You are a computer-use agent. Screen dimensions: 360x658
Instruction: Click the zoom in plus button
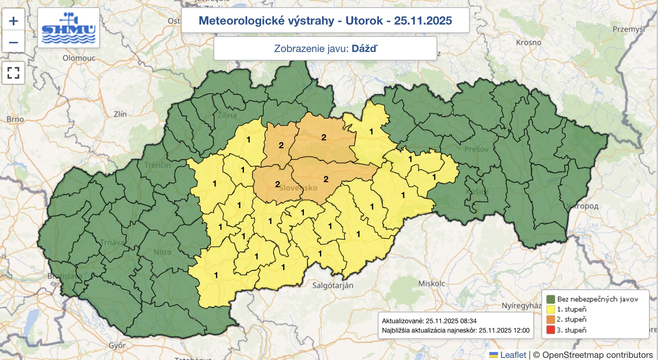(x=13, y=21)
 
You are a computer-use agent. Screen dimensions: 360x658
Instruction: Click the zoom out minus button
(x=13, y=42)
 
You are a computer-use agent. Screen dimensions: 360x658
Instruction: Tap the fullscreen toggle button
(x=13, y=73)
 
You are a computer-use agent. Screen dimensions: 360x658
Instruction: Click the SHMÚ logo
(x=69, y=28)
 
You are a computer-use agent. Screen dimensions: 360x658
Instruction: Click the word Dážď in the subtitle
(x=364, y=48)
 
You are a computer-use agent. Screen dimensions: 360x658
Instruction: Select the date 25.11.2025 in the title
(x=423, y=21)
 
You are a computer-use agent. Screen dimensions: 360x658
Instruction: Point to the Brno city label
(x=15, y=119)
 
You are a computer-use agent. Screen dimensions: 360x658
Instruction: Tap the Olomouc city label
(x=79, y=58)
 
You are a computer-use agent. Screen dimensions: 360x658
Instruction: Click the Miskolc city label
(x=431, y=284)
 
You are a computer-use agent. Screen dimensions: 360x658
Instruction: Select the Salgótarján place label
(x=333, y=285)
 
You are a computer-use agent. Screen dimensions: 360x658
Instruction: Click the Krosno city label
(x=528, y=42)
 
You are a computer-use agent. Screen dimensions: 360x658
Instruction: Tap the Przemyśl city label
(x=628, y=29)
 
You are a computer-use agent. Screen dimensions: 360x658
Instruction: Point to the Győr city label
(x=117, y=345)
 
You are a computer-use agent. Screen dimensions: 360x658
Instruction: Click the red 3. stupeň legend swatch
(x=551, y=330)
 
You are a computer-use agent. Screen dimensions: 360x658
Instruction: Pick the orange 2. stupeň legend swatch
(x=551, y=319)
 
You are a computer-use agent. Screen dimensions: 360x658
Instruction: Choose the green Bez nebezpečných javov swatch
(x=551, y=299)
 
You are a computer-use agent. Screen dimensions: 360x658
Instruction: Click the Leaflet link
(x=513, y=355)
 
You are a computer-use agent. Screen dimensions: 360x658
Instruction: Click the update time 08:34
(x=468, y=321)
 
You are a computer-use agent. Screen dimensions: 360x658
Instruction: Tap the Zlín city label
(x=120, y=114)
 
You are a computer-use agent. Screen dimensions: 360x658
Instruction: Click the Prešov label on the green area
(x=476, y=149)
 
